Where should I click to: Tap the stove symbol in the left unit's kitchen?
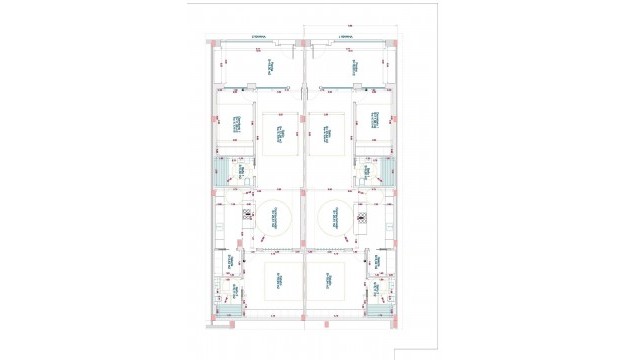point(247,213)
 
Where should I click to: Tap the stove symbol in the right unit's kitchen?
point(359,213)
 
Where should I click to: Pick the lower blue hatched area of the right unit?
point(378,311)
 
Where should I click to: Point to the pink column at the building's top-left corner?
point(213,42)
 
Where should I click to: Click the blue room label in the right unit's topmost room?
point(354,66)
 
